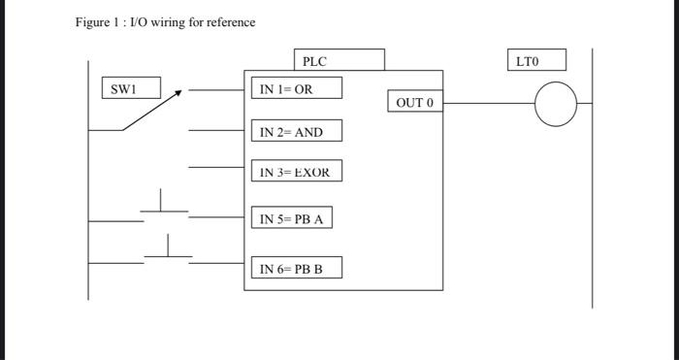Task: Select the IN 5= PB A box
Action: coord(291,218)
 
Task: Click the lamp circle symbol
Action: coord(555,105)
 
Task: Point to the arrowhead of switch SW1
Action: coord(178,93)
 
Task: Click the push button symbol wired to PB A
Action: coord(161,206)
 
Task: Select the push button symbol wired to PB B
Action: coord(169,248)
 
